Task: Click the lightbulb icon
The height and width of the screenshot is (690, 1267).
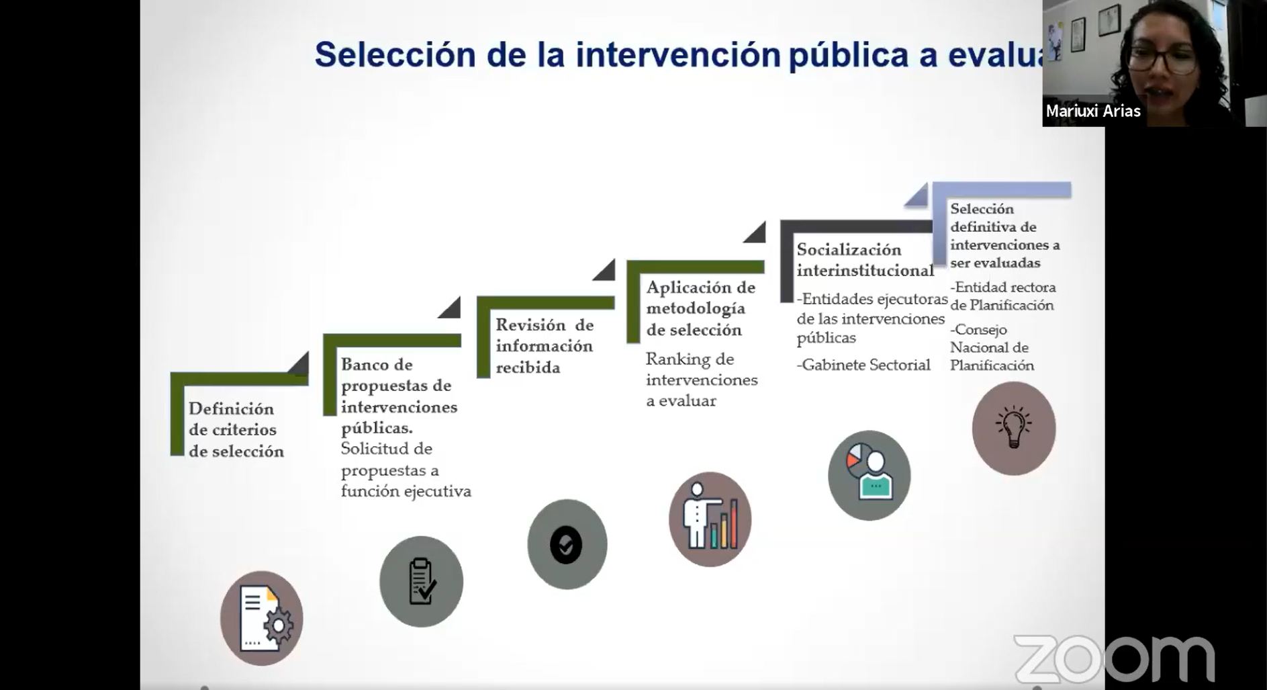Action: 1013,428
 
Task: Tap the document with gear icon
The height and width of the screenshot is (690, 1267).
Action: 262,618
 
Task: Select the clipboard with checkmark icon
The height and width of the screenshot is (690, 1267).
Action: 421,581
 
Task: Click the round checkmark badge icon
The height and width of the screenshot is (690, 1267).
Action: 567,544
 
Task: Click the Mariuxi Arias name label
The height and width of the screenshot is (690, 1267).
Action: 1093,111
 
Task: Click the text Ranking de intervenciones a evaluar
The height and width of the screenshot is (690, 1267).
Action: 702,380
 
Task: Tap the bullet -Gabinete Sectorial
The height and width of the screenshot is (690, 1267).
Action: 863,365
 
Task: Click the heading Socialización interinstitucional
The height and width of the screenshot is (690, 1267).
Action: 865,260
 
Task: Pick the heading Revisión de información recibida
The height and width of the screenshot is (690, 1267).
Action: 545,346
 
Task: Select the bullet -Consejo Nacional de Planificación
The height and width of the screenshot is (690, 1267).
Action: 992,347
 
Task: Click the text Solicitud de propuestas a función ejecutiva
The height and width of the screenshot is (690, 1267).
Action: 406,470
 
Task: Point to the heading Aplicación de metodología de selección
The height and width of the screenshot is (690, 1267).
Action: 701,308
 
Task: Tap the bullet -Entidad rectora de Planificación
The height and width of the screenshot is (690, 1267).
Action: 1003,296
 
